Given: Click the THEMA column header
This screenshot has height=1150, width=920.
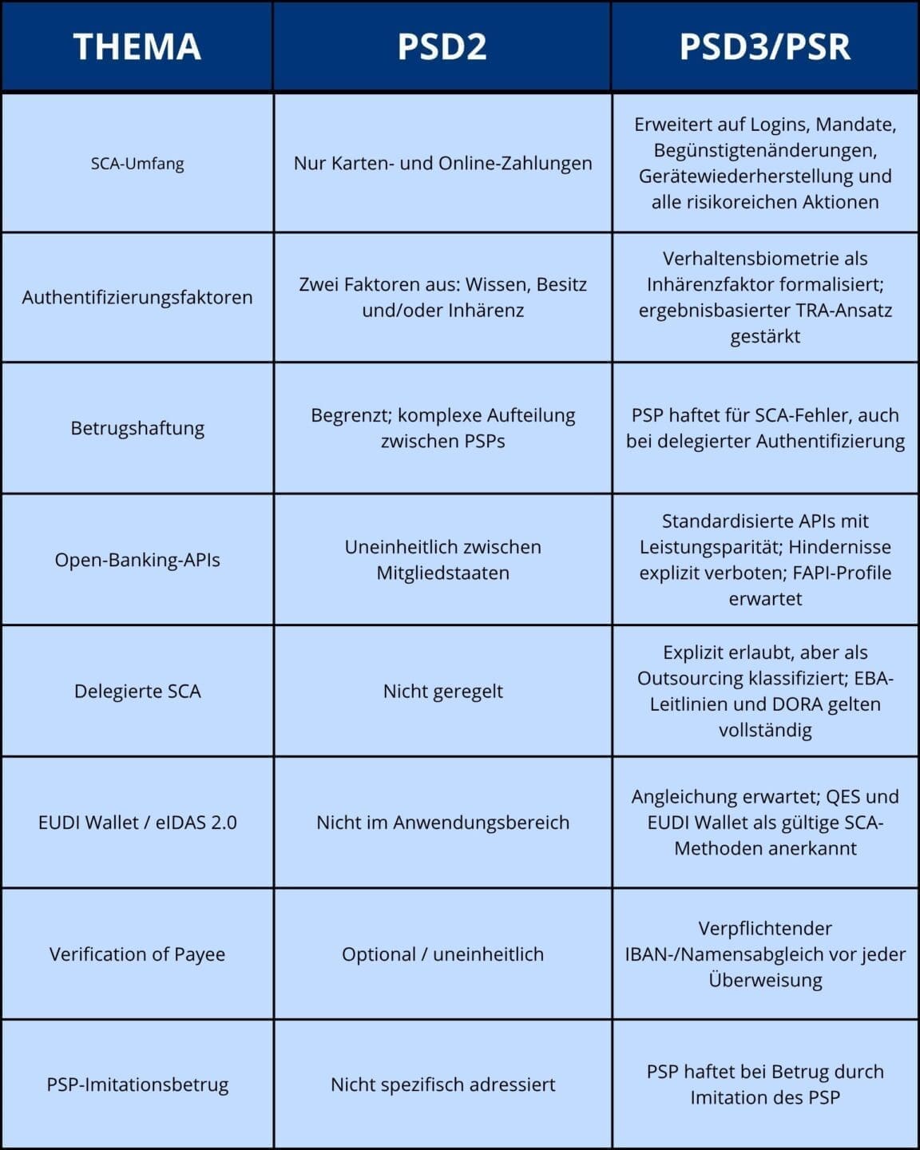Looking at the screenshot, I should click(x=137, y=46).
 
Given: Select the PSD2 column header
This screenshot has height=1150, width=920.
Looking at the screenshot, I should click(x=442, y=46).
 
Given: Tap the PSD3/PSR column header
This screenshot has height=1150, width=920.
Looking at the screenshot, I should click(x=764, y=46).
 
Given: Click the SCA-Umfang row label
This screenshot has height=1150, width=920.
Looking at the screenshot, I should click(x=137, y=164).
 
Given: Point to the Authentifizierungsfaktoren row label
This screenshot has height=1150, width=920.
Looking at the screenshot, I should click(x=137, y=297).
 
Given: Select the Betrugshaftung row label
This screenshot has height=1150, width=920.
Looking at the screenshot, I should click(x=137, y=428).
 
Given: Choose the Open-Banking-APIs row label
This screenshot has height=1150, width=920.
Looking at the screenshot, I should click(x=137, y=560).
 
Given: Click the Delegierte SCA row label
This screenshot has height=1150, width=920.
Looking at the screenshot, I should click(x=137, y=691).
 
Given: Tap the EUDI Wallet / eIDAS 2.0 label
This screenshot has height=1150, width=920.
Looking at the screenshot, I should click(x=137, y=823).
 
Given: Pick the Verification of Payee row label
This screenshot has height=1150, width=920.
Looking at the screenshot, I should click(x=137, y=954).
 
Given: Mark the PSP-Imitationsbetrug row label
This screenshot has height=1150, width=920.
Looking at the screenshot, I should click(x=137, y=1085).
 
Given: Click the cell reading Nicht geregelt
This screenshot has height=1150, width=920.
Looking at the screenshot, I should click(x=442, y=691).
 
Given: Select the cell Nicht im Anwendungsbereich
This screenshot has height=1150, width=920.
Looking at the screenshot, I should click(x=442, y=823).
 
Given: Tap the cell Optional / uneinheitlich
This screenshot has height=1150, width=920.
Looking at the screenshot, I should click(x=442, y=954).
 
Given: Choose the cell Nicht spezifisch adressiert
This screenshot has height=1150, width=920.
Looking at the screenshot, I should click(x=442, y=1085).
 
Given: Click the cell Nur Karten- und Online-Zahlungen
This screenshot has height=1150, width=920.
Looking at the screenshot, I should click(x=442, y=164).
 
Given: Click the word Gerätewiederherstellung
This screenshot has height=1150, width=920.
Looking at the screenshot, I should click(x=736, y=176).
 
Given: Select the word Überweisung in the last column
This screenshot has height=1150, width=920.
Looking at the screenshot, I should click(x=765, y=980).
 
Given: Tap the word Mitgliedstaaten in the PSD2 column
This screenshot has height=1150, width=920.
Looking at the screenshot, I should click(x=442, y=573).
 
